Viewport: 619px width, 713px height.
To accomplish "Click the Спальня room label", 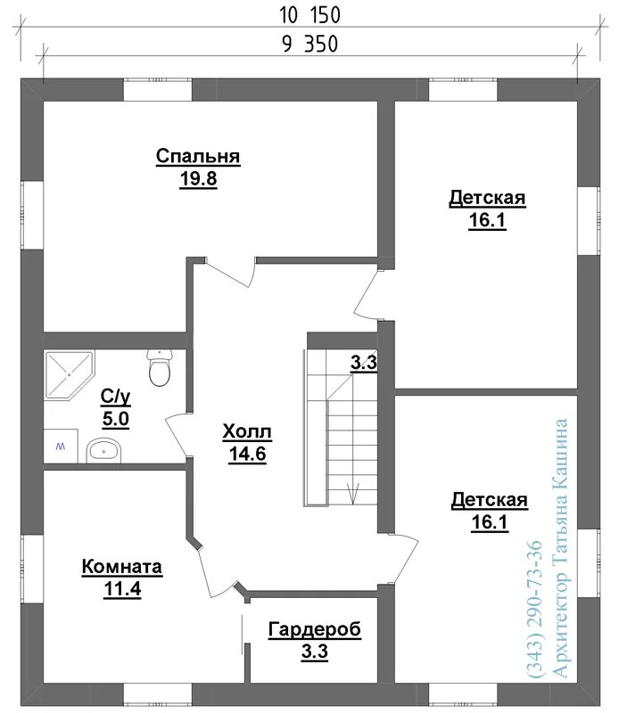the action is (x=198, y=156).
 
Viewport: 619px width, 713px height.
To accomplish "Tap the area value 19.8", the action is (x=198, y=179).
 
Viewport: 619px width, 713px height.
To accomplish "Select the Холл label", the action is (x=247, y=431).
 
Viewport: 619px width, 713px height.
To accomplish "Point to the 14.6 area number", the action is (x=248, y=454).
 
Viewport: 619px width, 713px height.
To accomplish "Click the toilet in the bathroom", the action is (x=160, y=367).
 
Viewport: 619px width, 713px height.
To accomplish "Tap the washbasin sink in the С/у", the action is (x=103, y=451).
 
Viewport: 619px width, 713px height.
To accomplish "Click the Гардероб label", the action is (x=315, y=629).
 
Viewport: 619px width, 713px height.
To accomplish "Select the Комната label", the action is (x=122, y=567).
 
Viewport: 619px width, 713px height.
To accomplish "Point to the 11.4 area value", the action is (x=122, y=589).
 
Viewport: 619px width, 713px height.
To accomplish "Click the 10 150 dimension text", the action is (x=309, y=15).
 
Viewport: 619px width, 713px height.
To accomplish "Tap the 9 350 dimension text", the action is (x=310, y=45).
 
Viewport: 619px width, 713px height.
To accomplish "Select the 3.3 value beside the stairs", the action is (x=364, y=363).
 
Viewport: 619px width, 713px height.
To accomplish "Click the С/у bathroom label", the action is (x=116, y=397).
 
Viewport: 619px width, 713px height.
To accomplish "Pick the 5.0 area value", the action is (x=116, y=419).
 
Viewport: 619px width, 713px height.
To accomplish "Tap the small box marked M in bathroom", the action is (x=61, y=447).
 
